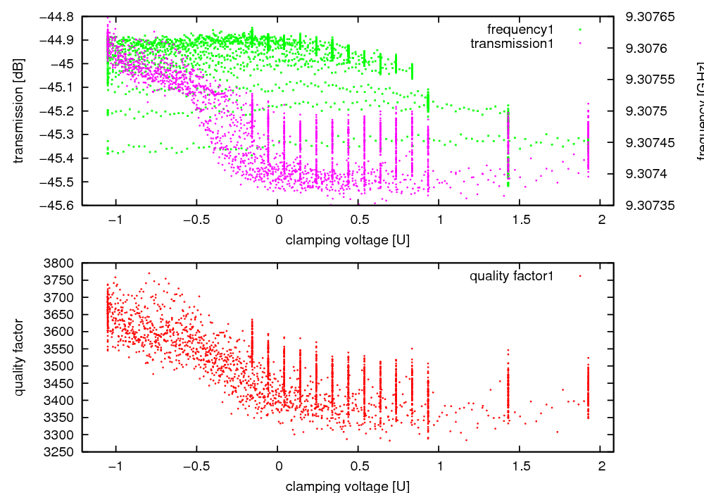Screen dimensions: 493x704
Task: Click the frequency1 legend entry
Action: (520, 29)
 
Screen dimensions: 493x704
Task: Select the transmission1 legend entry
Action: (512, 43)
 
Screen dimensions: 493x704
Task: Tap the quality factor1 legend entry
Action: (512, 276)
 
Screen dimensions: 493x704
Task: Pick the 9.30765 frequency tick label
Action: (650, 16)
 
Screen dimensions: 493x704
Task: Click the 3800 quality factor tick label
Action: (63, 263)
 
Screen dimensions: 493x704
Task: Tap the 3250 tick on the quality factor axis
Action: (63, 452)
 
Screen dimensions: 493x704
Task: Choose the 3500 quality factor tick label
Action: (63, 366)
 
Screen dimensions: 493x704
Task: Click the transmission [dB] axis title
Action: (19, 111)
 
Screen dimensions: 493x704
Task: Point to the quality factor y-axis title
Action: (19, 357)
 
